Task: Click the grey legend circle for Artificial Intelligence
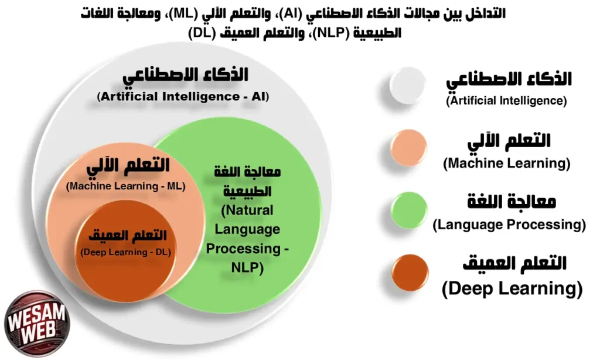(x=408, y=86)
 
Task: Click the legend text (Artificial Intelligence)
(x=507, y=101)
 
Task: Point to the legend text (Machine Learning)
(x=507, y=163)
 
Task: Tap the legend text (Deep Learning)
(x=512, y=288)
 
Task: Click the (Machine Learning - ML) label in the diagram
(x=126, y=187)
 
